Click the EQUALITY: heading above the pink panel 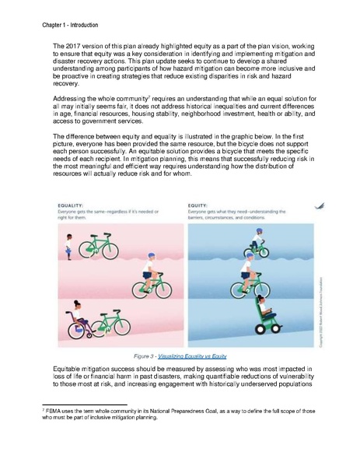coord(70,227)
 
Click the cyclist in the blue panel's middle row coord(254,283)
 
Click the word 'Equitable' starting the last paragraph coord(69,366)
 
